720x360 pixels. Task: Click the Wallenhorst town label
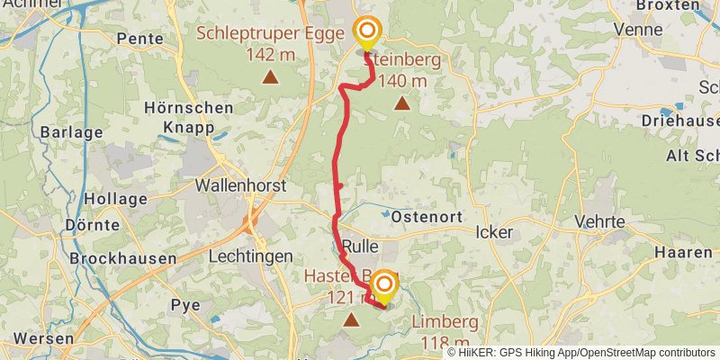coord(240,185)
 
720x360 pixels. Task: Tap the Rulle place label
coord(358,247)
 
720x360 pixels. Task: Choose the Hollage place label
coord(114,199)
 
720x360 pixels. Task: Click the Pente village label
coord(140,39)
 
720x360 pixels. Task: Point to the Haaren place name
coord(684,253)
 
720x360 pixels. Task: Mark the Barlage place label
coord(71,132)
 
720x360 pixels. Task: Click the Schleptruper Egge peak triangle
coord(269,77)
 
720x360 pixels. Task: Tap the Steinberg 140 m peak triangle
coord(401,103)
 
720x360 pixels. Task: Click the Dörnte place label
coord(93,224)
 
